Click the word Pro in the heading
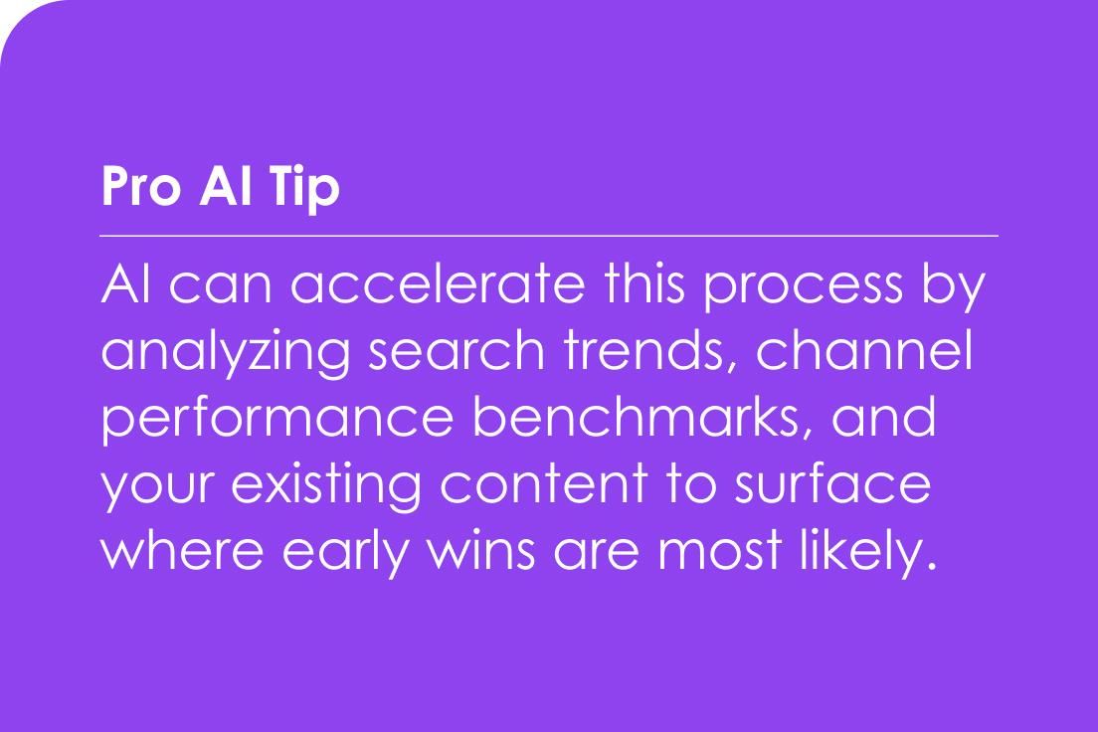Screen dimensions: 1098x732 click(141, 186)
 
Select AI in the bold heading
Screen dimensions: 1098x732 click(225, 186)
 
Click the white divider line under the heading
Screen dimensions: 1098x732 click(549, 236)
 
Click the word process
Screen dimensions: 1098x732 click(804, 287)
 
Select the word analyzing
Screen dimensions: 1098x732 click(226, 352)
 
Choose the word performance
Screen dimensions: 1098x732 click(278, 419)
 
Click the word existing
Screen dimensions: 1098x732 click(326, 485)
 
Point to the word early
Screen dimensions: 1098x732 click(345, 552)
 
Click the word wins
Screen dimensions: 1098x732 click(481, 550)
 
